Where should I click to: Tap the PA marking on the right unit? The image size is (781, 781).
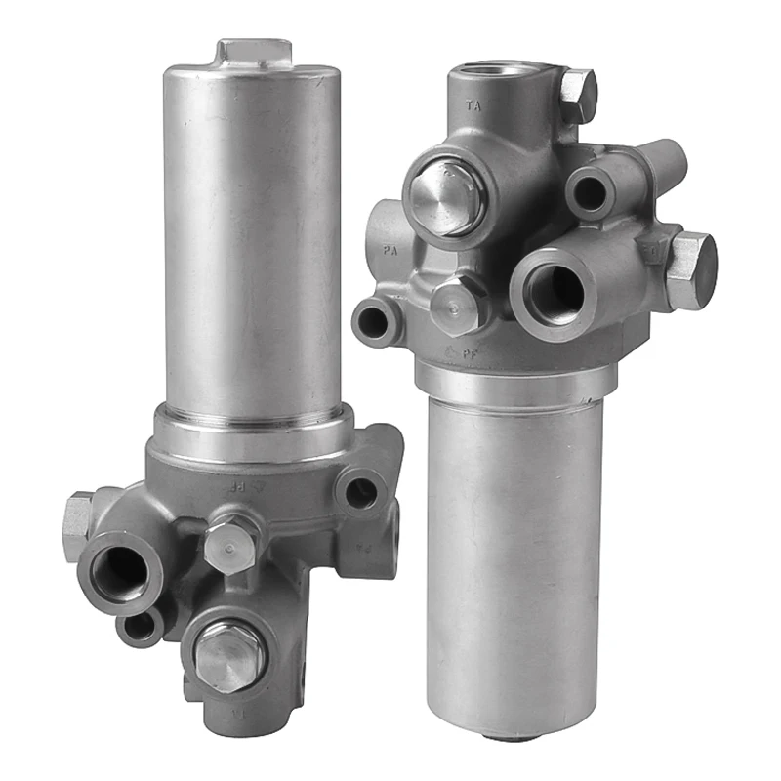click(x=390, y=251)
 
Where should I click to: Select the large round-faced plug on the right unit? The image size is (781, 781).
click(x=443, y=199)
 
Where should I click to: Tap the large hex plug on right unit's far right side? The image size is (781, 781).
click(x=691, y=271)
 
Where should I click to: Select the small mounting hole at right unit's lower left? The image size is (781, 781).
click(x=376, y=321)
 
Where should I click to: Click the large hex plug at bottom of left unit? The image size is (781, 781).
click(x=229, y=654)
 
